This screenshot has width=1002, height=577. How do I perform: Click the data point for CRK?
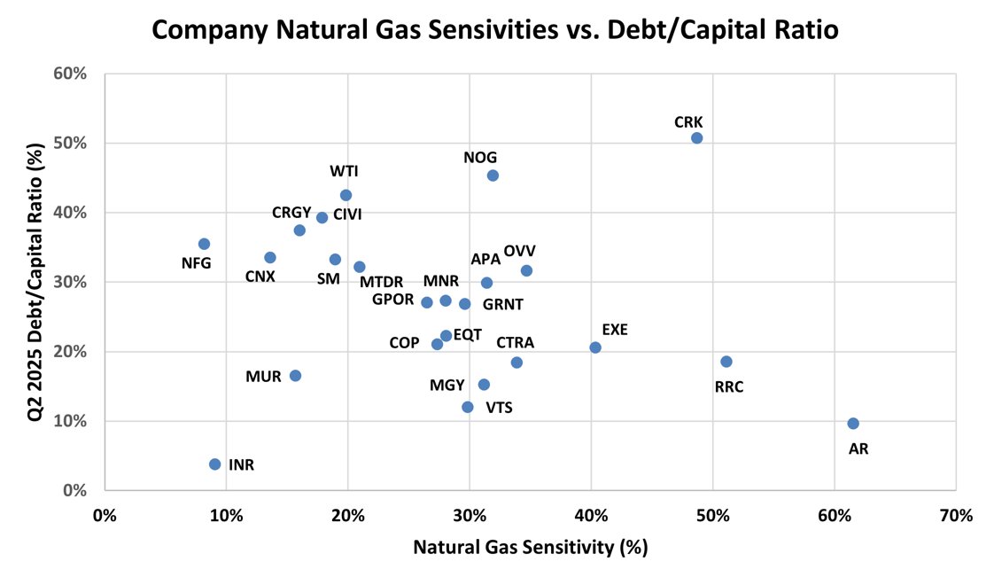click(x=696, y=138)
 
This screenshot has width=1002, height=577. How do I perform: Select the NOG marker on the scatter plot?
click(x=493, y=175)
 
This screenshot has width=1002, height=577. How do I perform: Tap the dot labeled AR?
click(x=852, y=424)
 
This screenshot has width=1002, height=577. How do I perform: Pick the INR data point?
click(x=214, y=464)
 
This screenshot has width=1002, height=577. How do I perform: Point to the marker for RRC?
click(x=726, y=362)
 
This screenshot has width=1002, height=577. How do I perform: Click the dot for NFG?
click(x=204, y=244)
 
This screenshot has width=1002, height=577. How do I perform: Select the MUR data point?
click(x=295, y=376)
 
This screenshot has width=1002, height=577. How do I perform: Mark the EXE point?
click(x=595, y=347)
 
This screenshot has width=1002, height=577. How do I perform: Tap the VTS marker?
click(x=468, y=407)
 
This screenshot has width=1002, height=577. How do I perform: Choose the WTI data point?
click(x=346, y=195)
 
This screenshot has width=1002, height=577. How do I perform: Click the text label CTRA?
click(x=515, y=343)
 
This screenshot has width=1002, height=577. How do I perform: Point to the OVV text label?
click(x=519, y=251)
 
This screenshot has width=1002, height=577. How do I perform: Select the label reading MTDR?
click(x=381, y=283)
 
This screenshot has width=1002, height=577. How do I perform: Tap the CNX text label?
click(x=260, y=277)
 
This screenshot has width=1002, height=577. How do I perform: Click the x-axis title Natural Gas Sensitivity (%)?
click(x=530, y=547)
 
